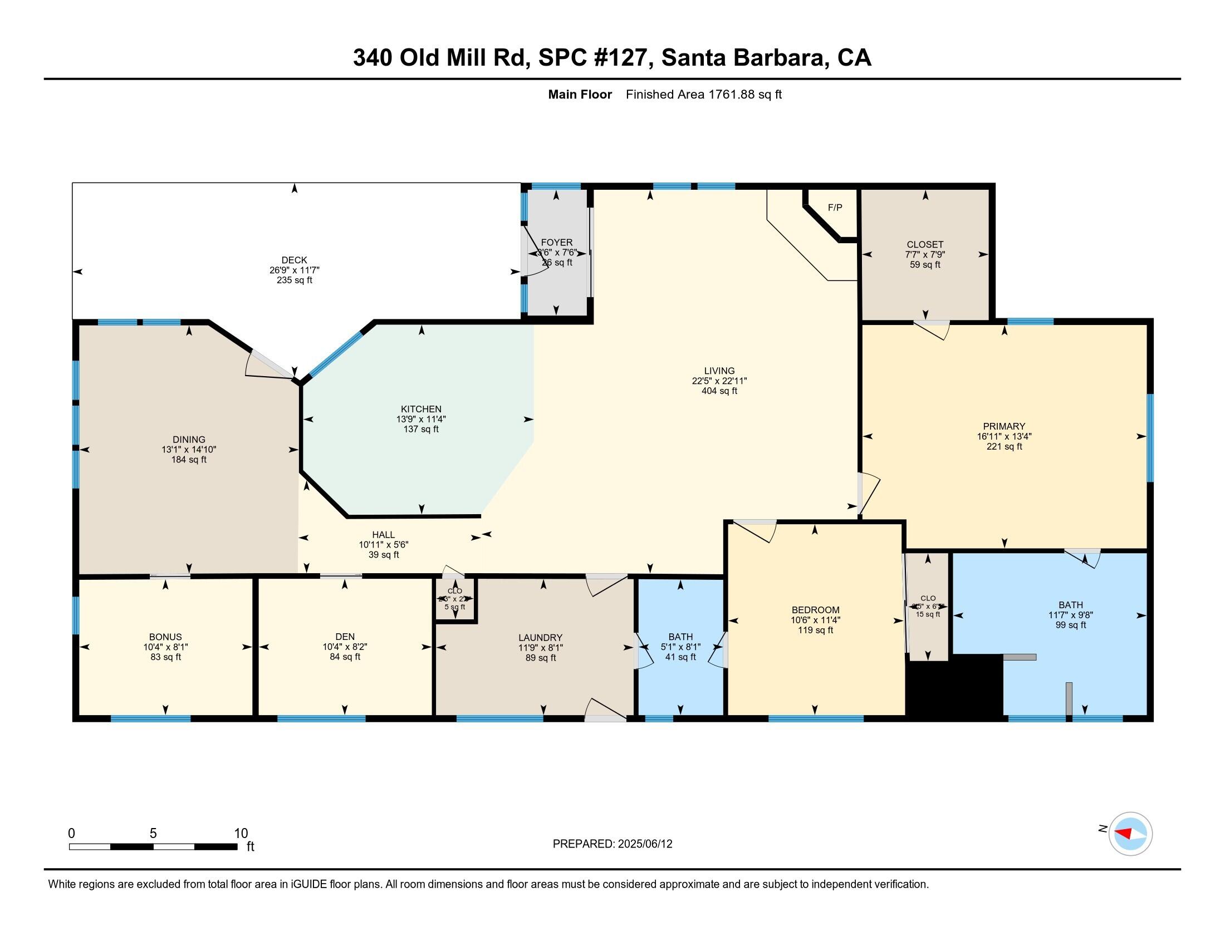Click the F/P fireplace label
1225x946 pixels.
click(x=835, y=208)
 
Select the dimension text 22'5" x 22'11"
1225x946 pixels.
click(x=719, y=381)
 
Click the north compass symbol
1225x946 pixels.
click(x=1130, y=834)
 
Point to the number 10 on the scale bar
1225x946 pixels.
click(x=241, y=833)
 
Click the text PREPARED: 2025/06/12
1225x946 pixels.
click(x=612, y=844)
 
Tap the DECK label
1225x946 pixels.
click(x=294, y=260)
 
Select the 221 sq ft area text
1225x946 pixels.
click(x=1004, y=447)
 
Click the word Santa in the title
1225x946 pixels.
click(x=693, y=58)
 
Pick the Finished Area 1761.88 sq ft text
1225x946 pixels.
click(x=703, y=94)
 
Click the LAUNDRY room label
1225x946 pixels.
click(x=540, y=638)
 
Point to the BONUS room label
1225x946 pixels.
click(x=165, y=637)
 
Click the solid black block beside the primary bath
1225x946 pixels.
click(x=953, y=688)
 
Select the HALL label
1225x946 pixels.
click(x=383, y=535)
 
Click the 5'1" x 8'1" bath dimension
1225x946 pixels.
click(x=680, y=647)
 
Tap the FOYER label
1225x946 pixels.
click(x=556, y=243)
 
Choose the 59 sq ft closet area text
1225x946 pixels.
click(x=925, y=264)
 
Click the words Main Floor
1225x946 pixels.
click(x=580, y=94)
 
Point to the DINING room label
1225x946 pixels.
click(x=188, y=440)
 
